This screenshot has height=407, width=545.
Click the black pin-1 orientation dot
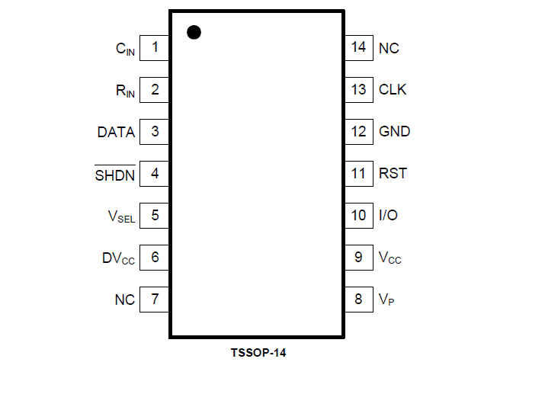194,32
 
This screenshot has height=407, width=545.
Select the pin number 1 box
155,48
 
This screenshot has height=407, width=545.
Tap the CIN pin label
125,50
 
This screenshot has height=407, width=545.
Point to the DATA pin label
116,132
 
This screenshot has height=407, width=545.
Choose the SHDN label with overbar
115,175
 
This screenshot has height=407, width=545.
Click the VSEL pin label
121,216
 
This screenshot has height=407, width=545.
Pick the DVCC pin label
118,258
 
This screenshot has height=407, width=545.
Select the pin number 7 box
155,299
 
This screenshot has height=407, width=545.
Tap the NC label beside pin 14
389,48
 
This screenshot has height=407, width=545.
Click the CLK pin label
393,90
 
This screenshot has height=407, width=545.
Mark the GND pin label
394,131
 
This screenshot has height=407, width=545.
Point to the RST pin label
393,173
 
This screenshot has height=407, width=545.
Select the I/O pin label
388,215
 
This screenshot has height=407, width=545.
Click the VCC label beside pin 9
390,258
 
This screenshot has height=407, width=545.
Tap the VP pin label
386,300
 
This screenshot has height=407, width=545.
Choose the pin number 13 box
358,90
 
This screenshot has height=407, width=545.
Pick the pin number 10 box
358,215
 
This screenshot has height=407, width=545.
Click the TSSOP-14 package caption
258,353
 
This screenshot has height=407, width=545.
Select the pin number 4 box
155,173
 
